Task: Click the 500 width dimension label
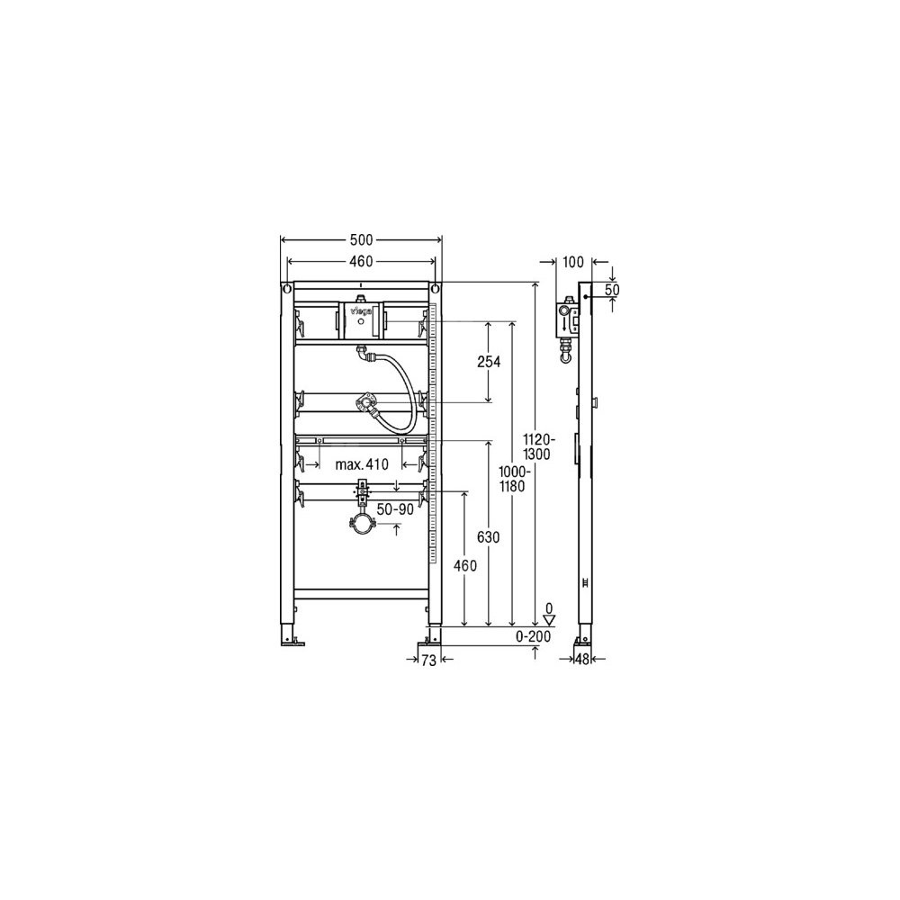362,239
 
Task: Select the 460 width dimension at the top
362,262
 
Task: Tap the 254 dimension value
490,362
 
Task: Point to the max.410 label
362,464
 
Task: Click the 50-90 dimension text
395,509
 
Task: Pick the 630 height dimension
489,537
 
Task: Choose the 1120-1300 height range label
539,446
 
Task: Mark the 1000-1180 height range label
513,480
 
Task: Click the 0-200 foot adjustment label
533,636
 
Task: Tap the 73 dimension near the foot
428,661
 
